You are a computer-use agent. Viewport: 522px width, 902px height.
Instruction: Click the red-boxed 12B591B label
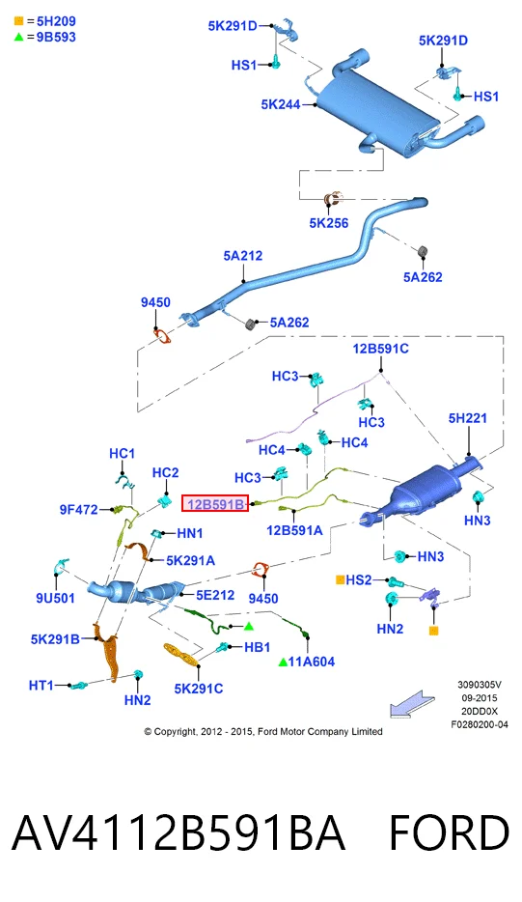click(x=215, y=504)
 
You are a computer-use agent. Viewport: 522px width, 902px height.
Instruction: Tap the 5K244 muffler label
click(x=281, y=104)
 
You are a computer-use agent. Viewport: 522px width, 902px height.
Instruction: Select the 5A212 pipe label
click(x=242, y=255)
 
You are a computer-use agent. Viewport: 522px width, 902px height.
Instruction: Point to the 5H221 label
click(x=467, y=418)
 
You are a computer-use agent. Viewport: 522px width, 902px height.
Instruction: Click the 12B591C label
click(x=380, y=349)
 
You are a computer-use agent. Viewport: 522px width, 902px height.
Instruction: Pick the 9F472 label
click(x=79, y=509)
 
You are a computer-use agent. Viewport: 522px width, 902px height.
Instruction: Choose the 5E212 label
click(x=215, y=595)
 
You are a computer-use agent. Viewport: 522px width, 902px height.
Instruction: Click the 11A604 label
click(x=311, y=662)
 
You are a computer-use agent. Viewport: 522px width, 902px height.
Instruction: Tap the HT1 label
click(x=41, y=685)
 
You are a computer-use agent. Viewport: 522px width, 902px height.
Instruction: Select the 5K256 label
click(x=329, y=223)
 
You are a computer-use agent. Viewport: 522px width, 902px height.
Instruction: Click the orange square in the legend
click(x=18, y=21)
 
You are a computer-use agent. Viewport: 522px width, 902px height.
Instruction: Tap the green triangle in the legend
click(x=18, y=37)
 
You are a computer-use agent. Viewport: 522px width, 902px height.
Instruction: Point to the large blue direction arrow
click(x=412, y=704)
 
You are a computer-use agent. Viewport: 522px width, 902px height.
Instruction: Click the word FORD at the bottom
click(x=449, y=832)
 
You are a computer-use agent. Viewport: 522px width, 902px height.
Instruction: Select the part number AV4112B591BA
click(x=179, y=832)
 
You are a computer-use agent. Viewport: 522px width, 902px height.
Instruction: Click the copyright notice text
click(x=263, y=732)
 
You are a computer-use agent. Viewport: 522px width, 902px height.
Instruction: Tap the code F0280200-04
click(x=480, y=725)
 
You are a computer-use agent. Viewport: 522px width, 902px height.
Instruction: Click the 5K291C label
click(x=199, y=689)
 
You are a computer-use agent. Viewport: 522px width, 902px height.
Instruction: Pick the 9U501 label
click(x=55, y=598)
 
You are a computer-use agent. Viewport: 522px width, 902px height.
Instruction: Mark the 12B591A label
click(x=294, y=530)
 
